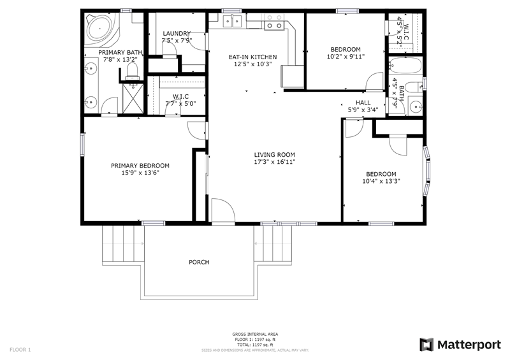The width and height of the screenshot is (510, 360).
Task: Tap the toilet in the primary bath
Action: tap(132, 71)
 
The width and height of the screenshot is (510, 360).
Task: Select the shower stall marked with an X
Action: tap(133, 99)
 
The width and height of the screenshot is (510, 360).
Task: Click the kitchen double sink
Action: tap(232, 21)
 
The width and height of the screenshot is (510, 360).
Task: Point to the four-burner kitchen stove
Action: tap(274, 22)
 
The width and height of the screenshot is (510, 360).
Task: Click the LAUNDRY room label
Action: tap(177, 34)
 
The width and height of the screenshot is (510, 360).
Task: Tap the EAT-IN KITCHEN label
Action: tap(252, 57)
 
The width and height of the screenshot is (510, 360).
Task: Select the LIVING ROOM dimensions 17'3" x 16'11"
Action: tap(275, 162)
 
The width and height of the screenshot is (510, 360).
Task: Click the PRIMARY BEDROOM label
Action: tap(140, 166)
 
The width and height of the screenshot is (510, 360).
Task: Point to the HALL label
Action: tap(363, 103)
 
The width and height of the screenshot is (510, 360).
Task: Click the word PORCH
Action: tap(199, 262)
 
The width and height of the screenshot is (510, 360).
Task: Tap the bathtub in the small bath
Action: tap(405, 66)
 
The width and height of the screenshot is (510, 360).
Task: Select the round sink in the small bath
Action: tap(416, 106)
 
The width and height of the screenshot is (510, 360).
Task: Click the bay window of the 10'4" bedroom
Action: tap(426, 171)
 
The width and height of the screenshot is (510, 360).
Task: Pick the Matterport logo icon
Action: tap(426, 345)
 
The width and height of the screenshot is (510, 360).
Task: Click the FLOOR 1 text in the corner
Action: tap(20, 350)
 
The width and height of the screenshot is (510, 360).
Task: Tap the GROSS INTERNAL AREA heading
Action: tap(255, 335)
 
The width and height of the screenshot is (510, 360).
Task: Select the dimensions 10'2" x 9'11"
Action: tap(346, 57)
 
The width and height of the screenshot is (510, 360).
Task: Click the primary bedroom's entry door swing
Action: tap(196, 131)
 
